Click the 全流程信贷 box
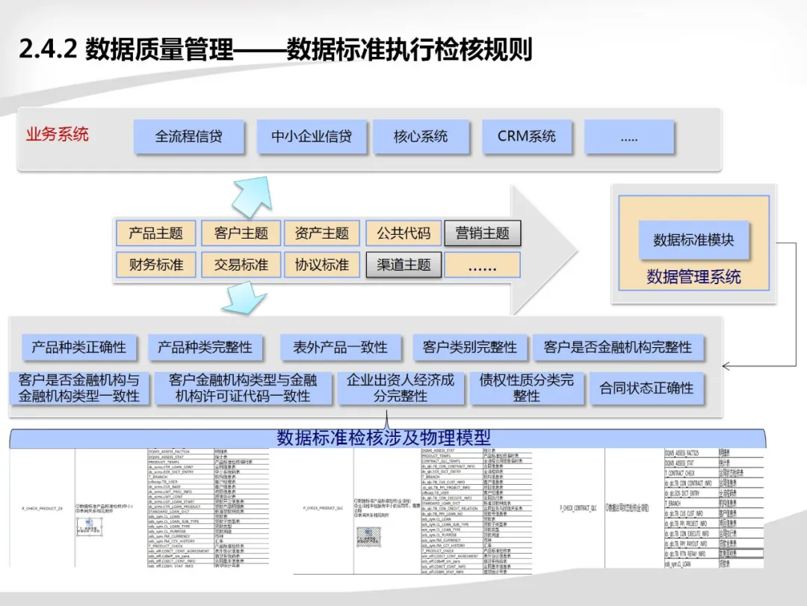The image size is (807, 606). [x=189, y=137]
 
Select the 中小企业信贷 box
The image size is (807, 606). [x=312, y=137]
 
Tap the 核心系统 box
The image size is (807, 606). [x=421, y=137]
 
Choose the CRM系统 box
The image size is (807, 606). [x=527, y=137]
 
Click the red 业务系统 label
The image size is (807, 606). [x=58, y=135]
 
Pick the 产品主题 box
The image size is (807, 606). [x=155, y=233]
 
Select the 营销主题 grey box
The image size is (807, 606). [x=482, y=233]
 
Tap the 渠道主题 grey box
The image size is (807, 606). [x=403, y=265]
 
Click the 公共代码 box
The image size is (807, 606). [x=403, y=233]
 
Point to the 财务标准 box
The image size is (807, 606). [x=155, y=265]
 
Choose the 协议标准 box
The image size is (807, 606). [x=322, y=265]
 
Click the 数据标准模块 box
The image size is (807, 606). [x=693, y=240]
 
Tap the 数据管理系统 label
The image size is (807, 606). [x=693, y=277]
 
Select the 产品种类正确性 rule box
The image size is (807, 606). [x=79, y=347]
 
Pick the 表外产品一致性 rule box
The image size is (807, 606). [x=340, y=347]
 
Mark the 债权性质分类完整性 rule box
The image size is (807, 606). [x=527, y=388]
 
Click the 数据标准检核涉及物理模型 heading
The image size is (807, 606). [x=383, y=437]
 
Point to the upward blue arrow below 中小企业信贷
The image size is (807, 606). [x=250, y=196]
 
